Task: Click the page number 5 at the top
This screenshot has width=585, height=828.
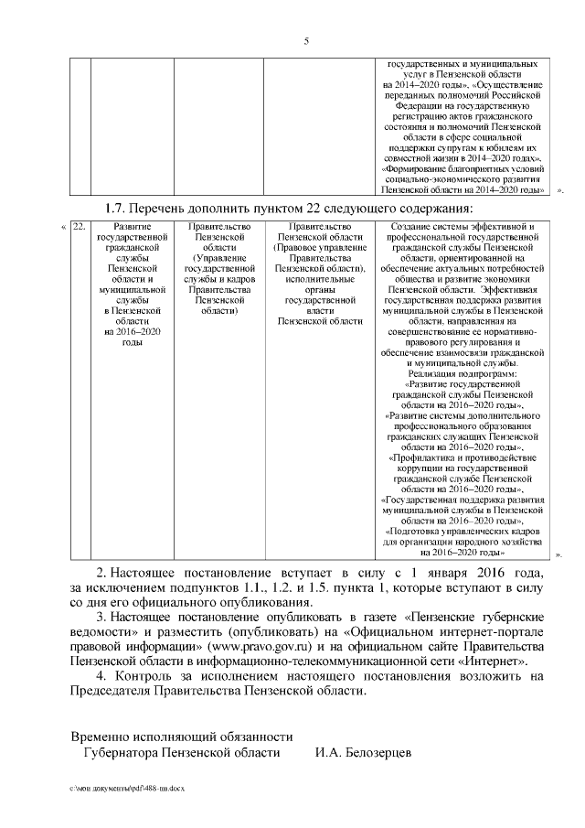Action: [306, 40]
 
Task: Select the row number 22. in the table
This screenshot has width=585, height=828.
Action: [79, 226]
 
